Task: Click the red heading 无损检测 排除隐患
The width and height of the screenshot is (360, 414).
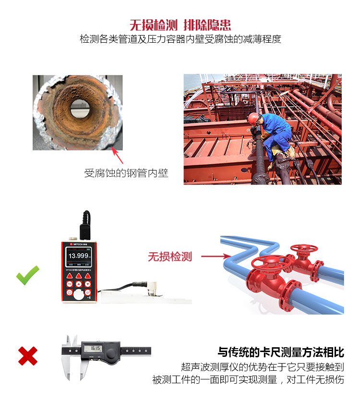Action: tap(180, 25)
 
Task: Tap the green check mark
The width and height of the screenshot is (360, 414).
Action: tap(27, 276)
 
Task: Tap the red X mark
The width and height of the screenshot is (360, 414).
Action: tap(28, 356)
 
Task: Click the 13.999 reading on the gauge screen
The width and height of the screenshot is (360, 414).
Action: tap(78, 256)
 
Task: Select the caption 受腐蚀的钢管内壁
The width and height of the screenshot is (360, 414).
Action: tap(126, 173)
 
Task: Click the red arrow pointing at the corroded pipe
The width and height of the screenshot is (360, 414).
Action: tap(118, 156)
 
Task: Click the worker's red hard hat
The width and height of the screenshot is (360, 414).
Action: tap(252, 118)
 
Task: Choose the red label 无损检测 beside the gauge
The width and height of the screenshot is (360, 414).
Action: tap(170, 256)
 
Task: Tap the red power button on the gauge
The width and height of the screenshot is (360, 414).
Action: tap(69, 292)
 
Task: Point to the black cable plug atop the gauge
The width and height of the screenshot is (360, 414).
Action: tap(86, 224)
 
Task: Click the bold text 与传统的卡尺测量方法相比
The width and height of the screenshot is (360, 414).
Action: tap(281, 353)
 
